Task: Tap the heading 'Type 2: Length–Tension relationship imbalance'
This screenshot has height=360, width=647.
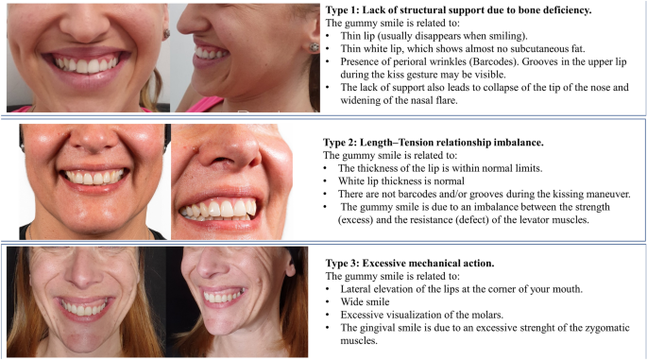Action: coord(434,143)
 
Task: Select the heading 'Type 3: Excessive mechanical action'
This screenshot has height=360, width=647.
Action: coord(410,263)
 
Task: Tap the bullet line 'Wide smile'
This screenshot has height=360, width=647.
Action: coord(365,301)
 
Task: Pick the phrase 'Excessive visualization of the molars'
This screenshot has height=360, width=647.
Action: coord(421,315)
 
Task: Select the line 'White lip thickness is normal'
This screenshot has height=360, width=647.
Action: coord(401,180)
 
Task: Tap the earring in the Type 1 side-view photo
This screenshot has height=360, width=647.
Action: coord(314,47)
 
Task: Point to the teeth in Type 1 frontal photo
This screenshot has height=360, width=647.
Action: coord(87,65)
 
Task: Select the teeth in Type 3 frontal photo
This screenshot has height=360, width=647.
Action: coord(85,308)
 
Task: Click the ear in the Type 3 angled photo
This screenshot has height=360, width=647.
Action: coord(289,265)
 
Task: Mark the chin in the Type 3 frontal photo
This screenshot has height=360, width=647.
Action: coord(85,339)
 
